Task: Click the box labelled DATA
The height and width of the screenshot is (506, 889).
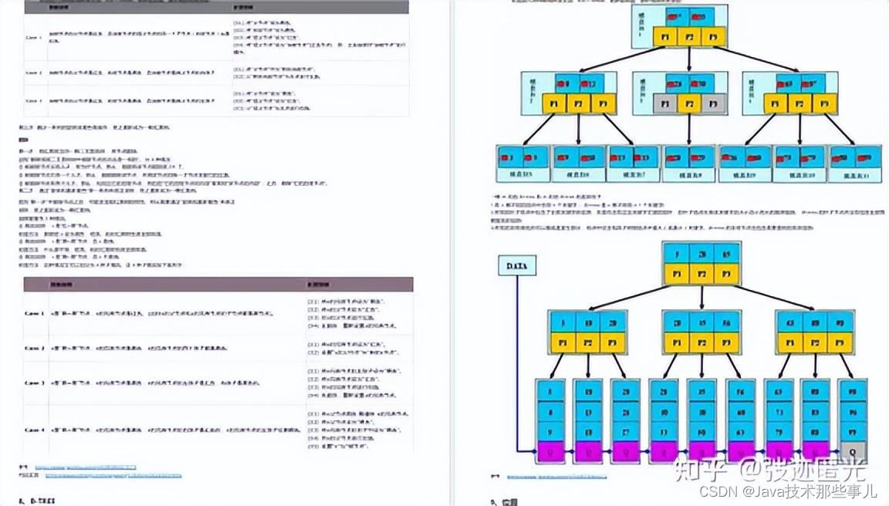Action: [x=517, y=266]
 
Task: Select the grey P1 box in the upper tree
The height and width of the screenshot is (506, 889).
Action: [x=664, y=103]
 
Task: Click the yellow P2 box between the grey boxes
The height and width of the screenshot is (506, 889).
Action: [x=689, y=103]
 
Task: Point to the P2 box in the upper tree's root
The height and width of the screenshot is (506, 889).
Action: [x=690, y=37]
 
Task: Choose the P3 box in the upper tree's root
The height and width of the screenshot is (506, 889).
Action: [x=715, y=37]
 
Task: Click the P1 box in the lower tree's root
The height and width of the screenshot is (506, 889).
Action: [x=677, y=273]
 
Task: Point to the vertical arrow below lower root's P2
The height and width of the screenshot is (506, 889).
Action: [x=701, y=297]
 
